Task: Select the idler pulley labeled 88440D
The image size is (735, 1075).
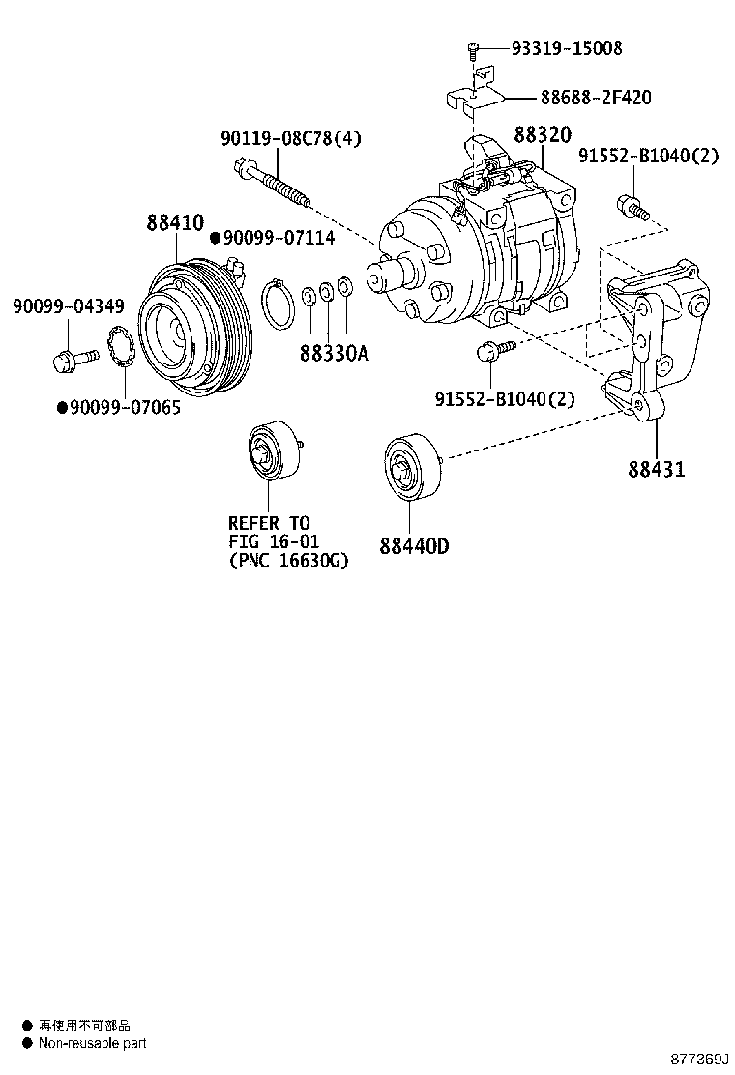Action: [x=411, y=468]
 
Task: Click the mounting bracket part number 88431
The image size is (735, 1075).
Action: [x=656, y=470]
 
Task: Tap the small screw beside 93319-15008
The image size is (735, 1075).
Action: [x=473, y=48]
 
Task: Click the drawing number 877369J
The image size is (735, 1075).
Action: [x=700, y=1059]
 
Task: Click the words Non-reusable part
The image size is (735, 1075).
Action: [x=92, y=1043]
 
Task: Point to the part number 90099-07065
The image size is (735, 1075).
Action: [x=125, y=408]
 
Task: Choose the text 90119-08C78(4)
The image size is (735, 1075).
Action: [x=290, y=139]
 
